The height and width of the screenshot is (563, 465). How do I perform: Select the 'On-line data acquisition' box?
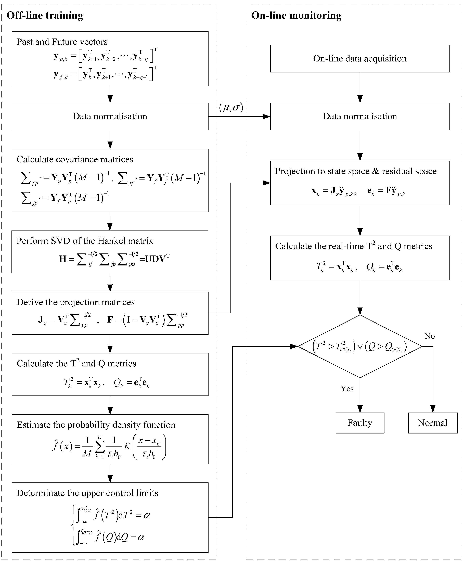pyautogui.click(x=360, y=59)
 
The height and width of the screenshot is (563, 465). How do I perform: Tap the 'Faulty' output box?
pyautogui.click(x=360, y=423)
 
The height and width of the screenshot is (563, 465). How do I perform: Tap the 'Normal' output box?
pyautogui.click(x=433, y=423)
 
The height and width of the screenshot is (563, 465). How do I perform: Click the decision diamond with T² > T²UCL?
pyautogui.click(x=360, y=346)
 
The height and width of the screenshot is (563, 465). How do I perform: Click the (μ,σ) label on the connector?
pyautogui.click(x=231, y=108)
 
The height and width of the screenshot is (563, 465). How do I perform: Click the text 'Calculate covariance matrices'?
pyautogui.click(x=75, y=159)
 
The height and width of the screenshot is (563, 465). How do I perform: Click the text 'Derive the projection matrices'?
pyautogui.click(x=75, y=302)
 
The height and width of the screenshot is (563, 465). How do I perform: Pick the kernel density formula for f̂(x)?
pyautogui.click(x=109, y=447)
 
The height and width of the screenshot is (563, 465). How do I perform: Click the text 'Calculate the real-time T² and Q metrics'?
pyautogui.click(x=354, y=246)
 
